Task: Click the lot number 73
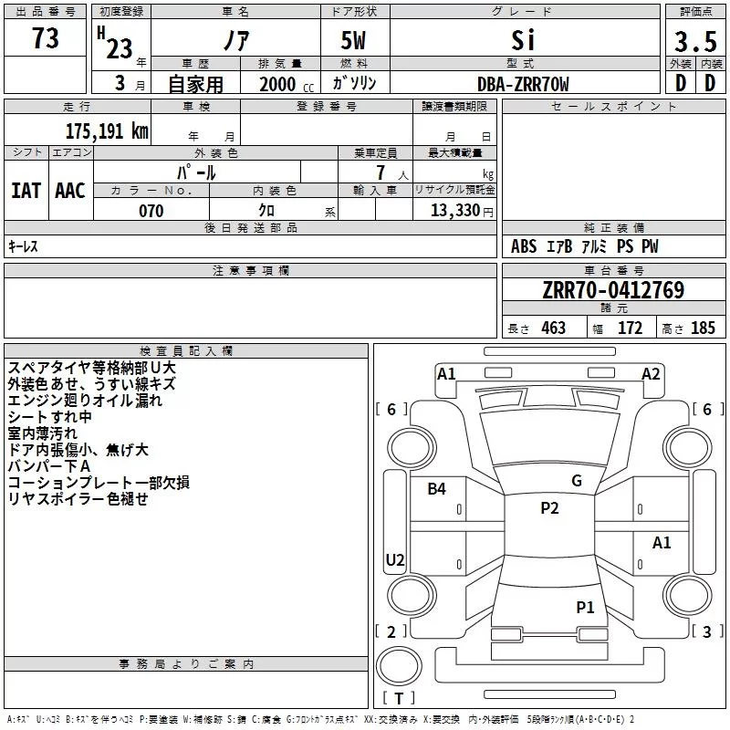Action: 45,39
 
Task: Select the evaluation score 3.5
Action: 694,42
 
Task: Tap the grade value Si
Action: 523,40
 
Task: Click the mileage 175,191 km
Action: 106,130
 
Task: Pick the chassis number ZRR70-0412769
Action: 612,290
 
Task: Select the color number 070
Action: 151,211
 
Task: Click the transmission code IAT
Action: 26,190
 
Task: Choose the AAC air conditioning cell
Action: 70,190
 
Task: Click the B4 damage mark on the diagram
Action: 437,489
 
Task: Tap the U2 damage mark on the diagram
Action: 395,560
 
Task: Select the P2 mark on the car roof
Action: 549,508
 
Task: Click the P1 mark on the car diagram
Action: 585,607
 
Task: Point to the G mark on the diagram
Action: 577,481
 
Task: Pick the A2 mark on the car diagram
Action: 651,373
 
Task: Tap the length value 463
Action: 553,328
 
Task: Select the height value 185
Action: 703,328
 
